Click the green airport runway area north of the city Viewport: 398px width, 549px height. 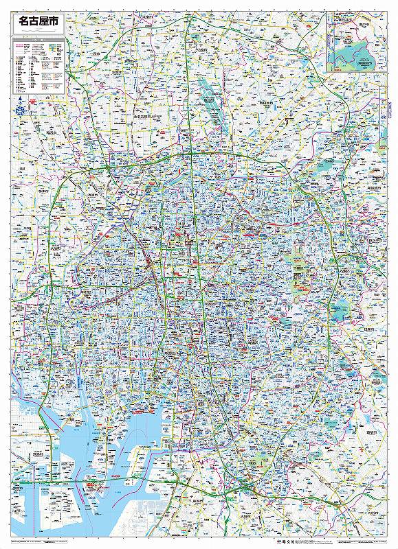[x=210, y=100]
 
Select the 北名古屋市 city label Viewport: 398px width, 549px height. [x=141, y=117]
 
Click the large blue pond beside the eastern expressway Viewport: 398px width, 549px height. [x=342, y=304]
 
